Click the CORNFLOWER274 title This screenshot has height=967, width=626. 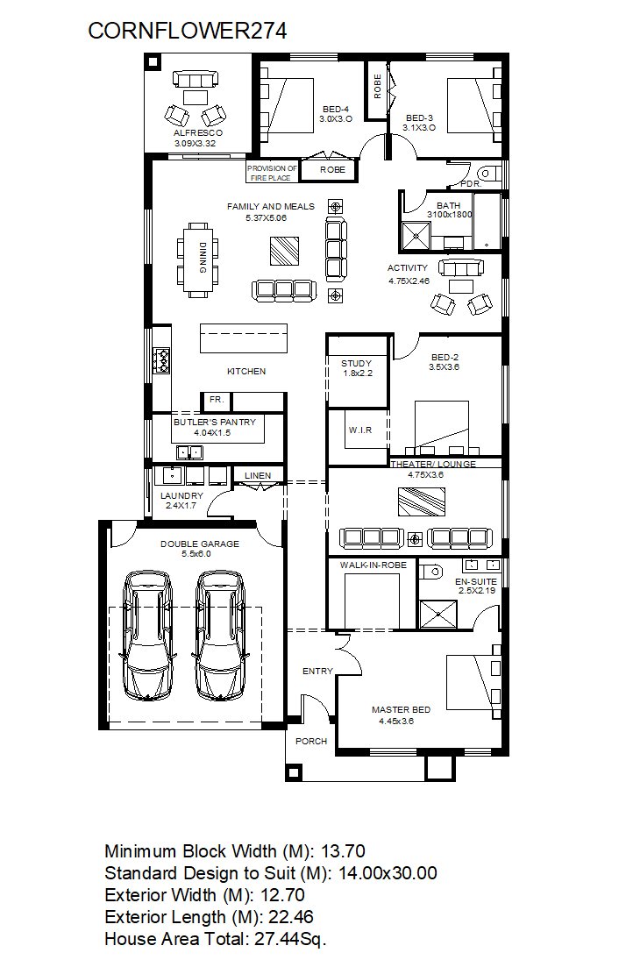(x=188, y=31)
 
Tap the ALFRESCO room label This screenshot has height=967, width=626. (x=198, y=132)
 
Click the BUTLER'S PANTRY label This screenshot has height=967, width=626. (x=215, y=422)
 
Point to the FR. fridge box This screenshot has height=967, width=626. (x=216, y=401)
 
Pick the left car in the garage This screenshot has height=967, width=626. (x=149, y=636)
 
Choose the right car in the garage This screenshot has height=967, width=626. (x=220, y=636)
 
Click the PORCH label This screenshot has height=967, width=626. (x=311, y=742)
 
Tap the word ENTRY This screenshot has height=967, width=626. (x=317, y=671)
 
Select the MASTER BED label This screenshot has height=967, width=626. (x=401, y=710)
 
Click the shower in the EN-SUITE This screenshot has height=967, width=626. (x=438, y=615)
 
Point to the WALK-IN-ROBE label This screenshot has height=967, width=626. (x=373, y=565)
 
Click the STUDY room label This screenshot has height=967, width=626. (x=357, y=363)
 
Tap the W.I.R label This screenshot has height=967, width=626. (x=360, y=430)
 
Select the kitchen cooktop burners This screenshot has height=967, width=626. (x=162, y=361)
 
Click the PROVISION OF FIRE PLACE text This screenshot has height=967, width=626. (x=272, y=173)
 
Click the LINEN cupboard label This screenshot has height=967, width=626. (x=258, y=475)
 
